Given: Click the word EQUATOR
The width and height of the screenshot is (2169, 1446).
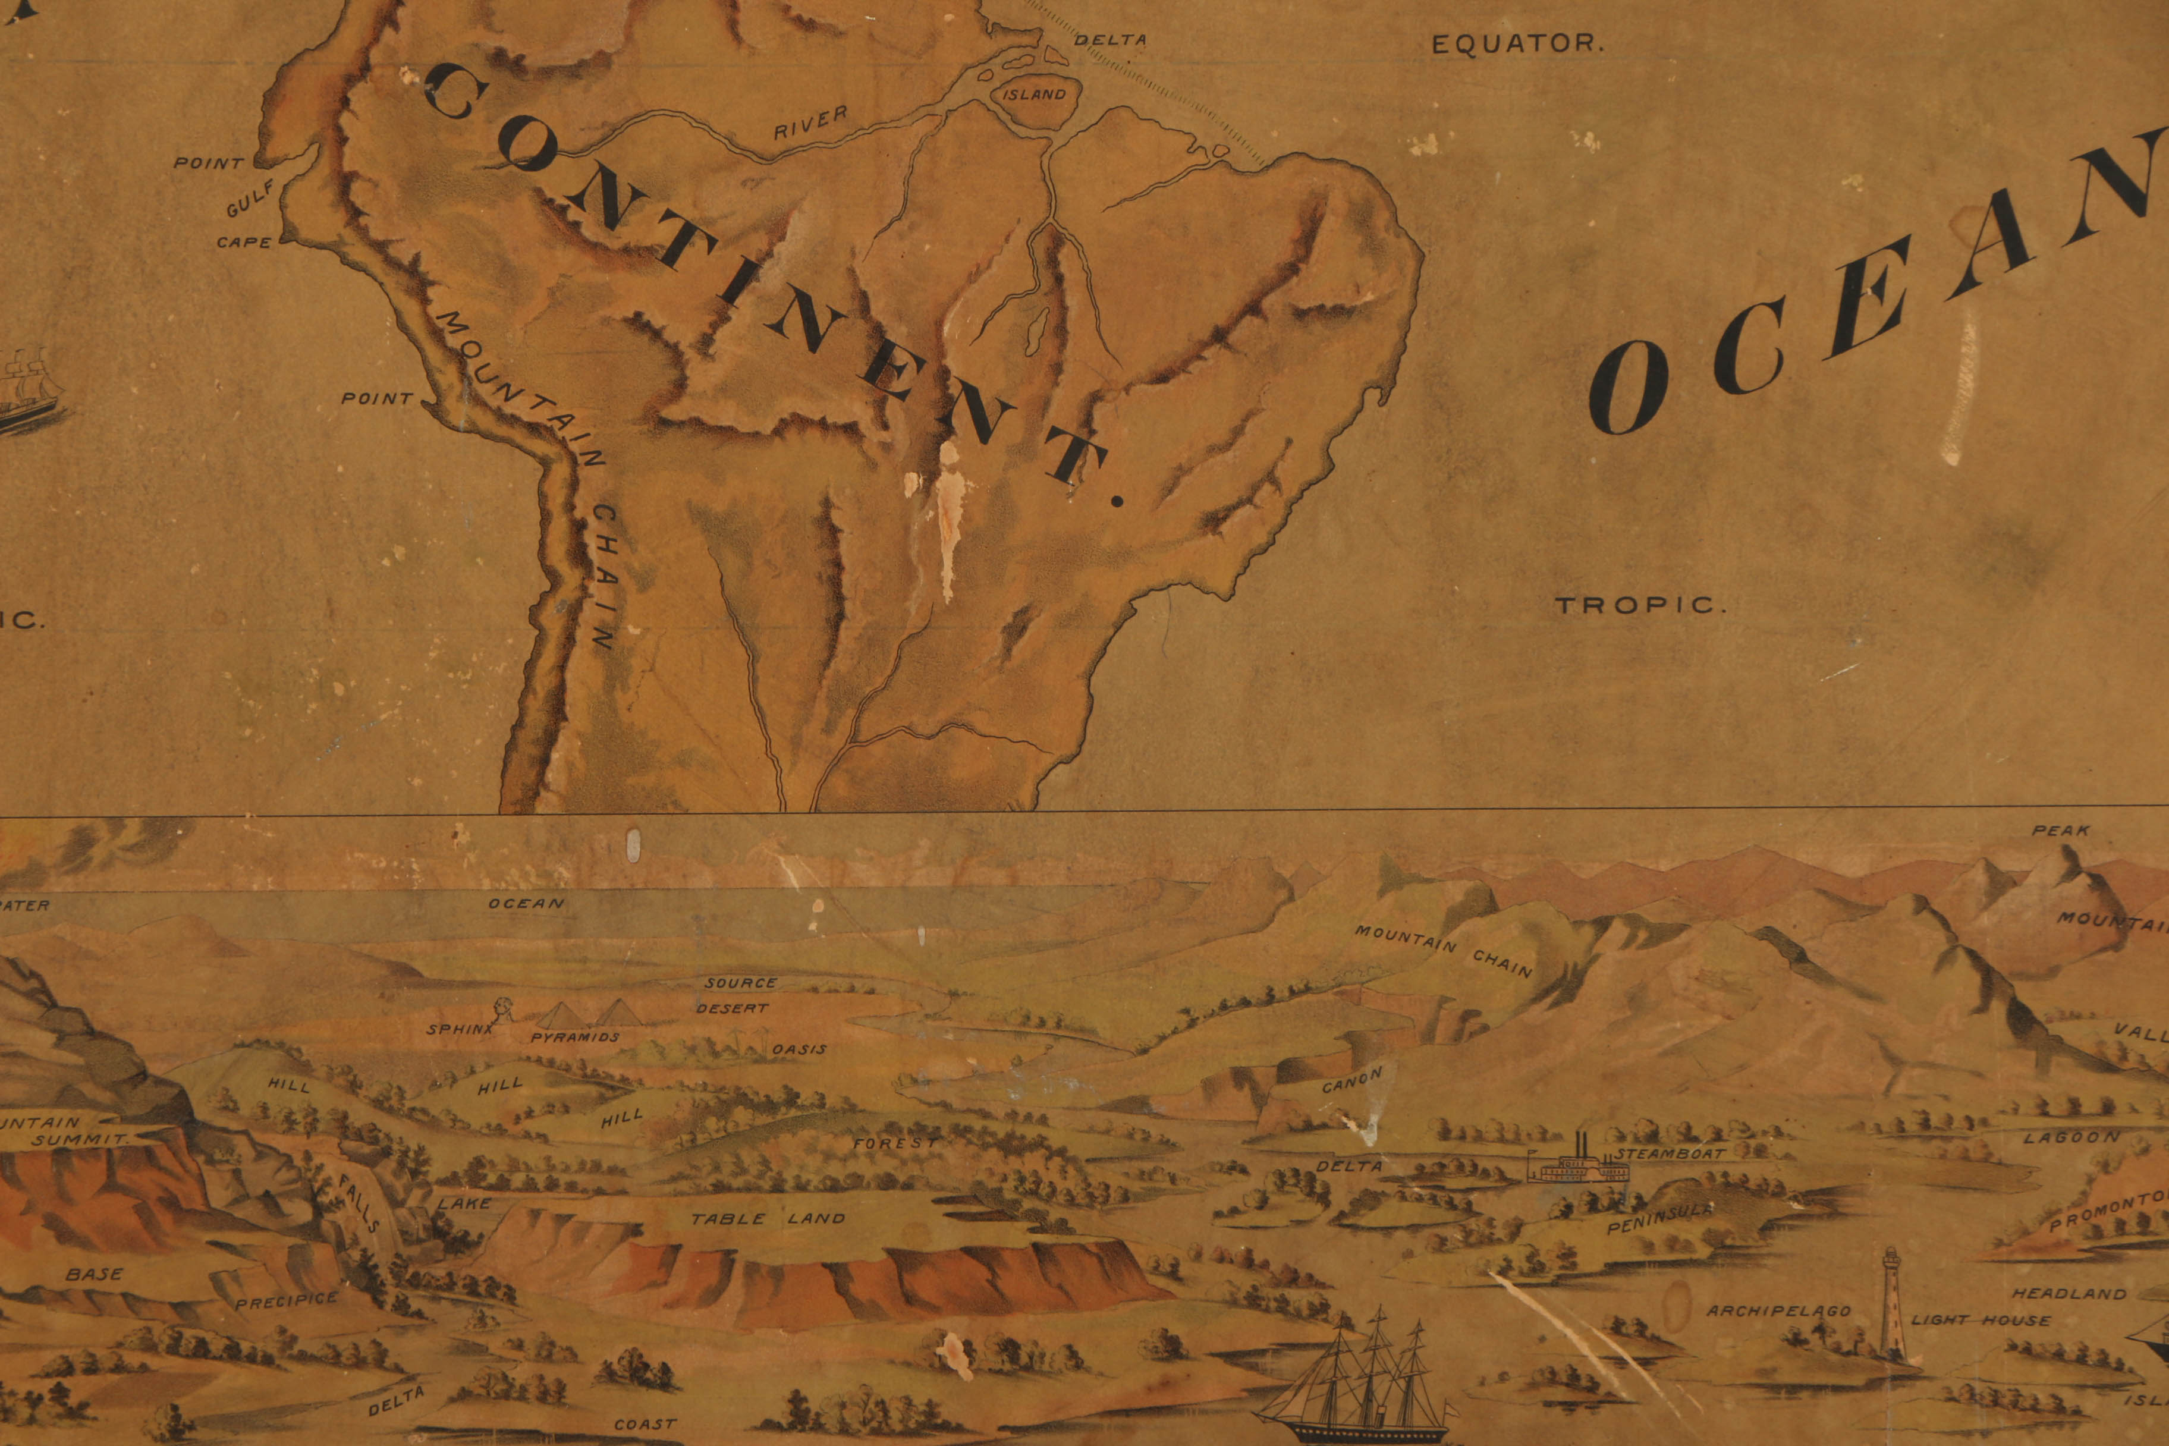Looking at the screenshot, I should coord(1517,43).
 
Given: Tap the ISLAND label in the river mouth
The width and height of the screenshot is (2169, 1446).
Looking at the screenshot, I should coord(1034,94).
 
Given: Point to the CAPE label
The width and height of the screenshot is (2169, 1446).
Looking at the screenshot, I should coord(244,243).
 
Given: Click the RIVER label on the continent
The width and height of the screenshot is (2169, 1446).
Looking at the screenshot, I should coord(810,122).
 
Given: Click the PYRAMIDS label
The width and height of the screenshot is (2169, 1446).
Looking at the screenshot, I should coord(574,1036).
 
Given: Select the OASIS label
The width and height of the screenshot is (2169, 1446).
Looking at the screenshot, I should coord(799,1049).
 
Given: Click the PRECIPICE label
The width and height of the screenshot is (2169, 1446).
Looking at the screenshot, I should coord(287,1301).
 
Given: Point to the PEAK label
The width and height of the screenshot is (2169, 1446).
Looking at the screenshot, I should coord(2061,831).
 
